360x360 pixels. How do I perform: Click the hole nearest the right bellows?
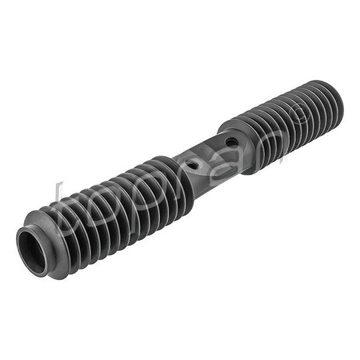click(231, 143)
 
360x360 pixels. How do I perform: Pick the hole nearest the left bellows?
click(192, 164)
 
